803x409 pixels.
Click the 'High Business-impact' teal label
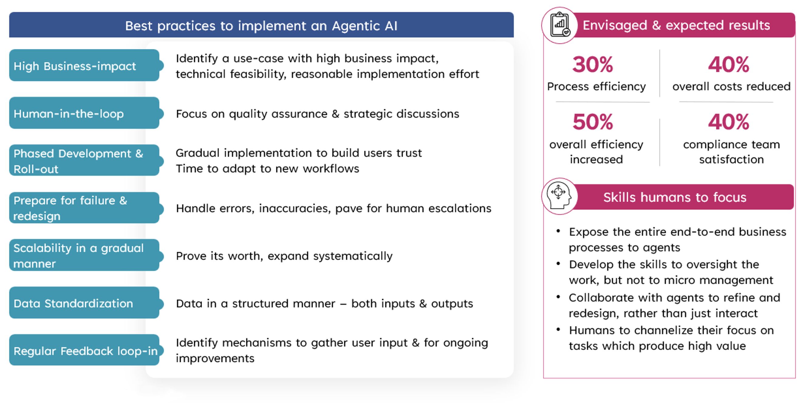click(x=84, y=66)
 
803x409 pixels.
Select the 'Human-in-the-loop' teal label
click(x=84, y=113)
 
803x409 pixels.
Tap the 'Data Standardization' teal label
click(x=84, y=303)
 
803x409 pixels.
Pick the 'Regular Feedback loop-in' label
click(x=84, y=350)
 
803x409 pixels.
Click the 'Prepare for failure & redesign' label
click(x=84, y=208)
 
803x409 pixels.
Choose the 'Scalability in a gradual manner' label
click(x=84, y=255)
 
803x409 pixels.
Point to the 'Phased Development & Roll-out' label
click(x=84, y=161)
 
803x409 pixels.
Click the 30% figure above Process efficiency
click(x=593, y=65)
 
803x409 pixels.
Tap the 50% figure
click(x=593, y=122)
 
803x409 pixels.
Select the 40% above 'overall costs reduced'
click(x=729, y=65)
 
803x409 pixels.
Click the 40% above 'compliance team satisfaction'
click(x=729, y=122)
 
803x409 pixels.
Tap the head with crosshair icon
click(x=559, y=196)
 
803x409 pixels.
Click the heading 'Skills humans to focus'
click(x=675, y=197)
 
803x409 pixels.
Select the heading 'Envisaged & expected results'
click(x=676, y=25)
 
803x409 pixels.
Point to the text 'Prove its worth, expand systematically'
click(x=284, y=256)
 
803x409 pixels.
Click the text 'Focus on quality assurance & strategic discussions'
click(x=318, y=114)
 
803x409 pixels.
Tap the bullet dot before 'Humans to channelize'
click(x=558, y=329)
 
